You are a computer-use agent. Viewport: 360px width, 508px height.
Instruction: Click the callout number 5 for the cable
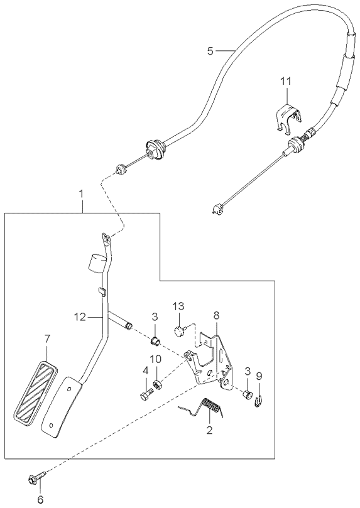pyautogui.click(x=210, y=51)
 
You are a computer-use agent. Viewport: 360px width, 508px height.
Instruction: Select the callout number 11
pyautogui.click(x=286, y=81)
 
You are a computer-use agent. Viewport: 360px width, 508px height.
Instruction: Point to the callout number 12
pyautogui.click(x=80, y=317)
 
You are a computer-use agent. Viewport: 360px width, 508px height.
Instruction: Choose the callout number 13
pyautogui.click(x=178, y=306)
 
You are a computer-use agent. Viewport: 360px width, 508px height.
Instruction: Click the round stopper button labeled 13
pyautogui.click(x=179, y=331)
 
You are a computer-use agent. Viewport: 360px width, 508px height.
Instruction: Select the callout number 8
pyautogui.click(x=217, y=315)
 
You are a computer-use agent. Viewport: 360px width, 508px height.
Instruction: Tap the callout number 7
pyautogui.click(x=48, y=339)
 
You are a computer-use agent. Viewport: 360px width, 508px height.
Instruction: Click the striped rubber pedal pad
pyautogui.click(x=36, y=391)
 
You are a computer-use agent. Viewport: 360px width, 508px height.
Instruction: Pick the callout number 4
pyautogui.click(x=146, y=370)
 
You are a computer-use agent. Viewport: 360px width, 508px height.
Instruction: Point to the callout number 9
pyautogui.click(x=259, y=376)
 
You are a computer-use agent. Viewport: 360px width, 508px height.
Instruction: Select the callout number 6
pyautogui.click(x=40, y=499)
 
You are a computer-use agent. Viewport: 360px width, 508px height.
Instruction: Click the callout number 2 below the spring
pyautogui.click(x=209, y=430)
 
